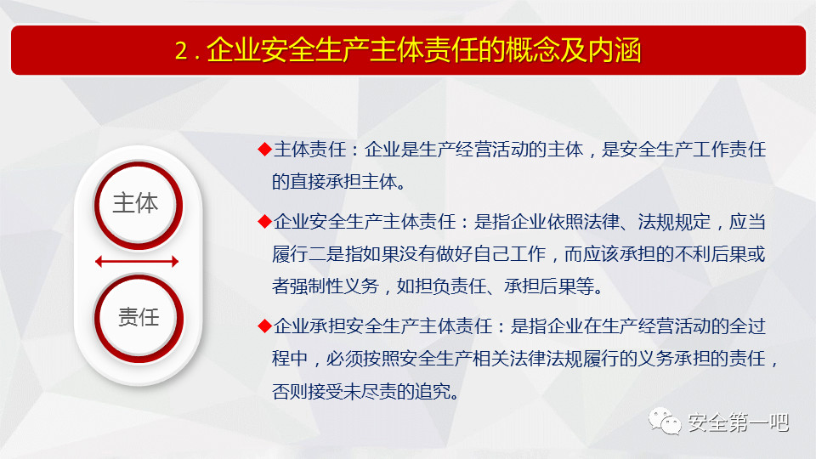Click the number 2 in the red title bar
pyautogui.click(x=182, y=51)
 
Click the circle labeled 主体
pyautogui.click(x=139, y=205)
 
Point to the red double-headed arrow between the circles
pyautogui.click(x=137, y=261)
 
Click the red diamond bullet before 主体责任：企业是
pyautogui.click(x=264, y=150)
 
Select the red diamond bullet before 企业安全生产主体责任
pyautogui.click(x=264, y=222)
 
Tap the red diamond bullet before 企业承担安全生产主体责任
pyautogui.click(x=264, y=326)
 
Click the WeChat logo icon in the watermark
pyautogui.click(x=665, y=421)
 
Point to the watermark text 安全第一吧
pyautogui.click(x=739, y=422)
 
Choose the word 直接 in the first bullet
pyautogui.click(x=308, y=182)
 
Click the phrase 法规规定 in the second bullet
pyautogui.click(x=674, y=222)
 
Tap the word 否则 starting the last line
pyautogui.click(x=290, y=391)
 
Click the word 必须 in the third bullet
pyautogui.click(x=344, y=359)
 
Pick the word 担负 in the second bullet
pyautogui.click(x=433, y=286)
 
